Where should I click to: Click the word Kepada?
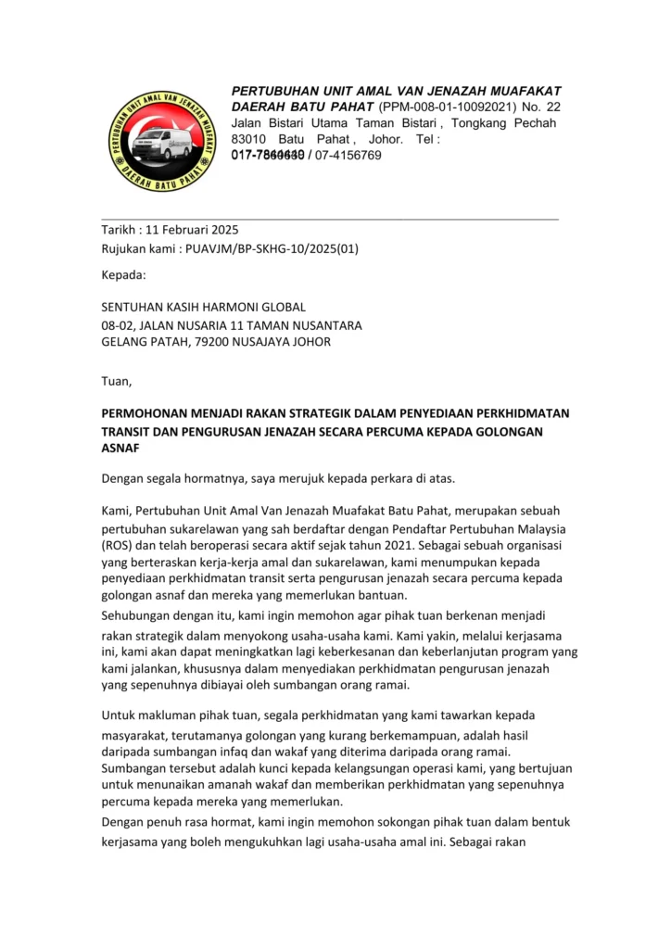coord(123,274)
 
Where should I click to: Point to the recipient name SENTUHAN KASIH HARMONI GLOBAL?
coord(203,307)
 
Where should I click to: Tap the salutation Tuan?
coord(117,380)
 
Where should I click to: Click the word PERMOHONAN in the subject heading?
coord(149,412)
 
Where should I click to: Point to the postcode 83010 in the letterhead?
coord(248,139)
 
